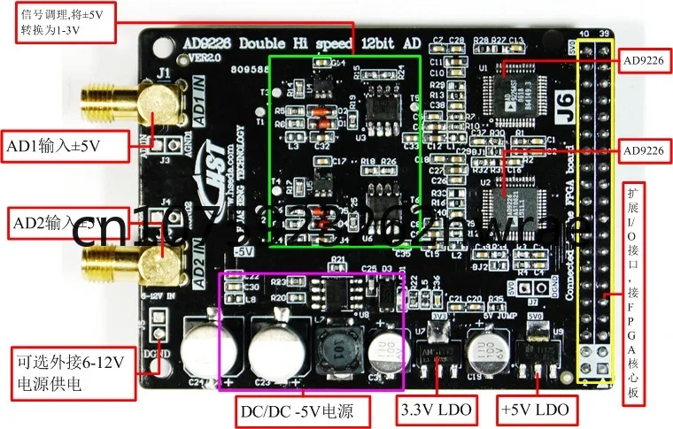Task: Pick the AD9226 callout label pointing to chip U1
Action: (x=643, y=61)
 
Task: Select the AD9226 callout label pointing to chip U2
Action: (x=643, y=150)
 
